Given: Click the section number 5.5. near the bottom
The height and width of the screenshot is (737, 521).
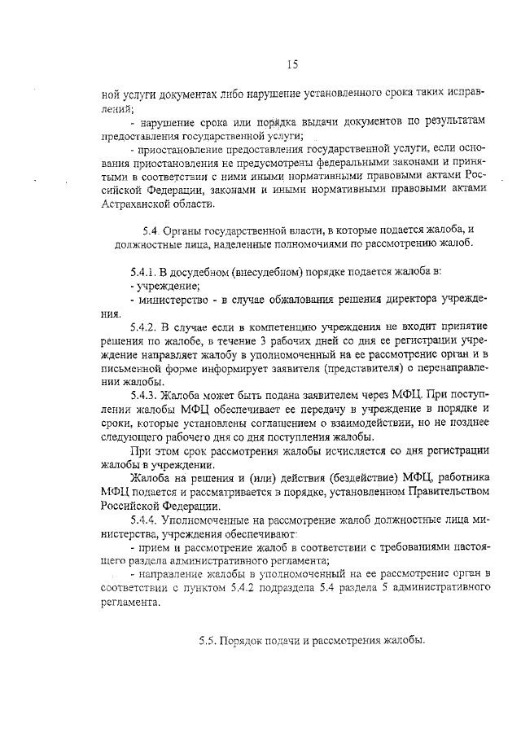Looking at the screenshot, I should click(211, 640).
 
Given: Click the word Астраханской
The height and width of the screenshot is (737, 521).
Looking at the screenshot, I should click(135, 204).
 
